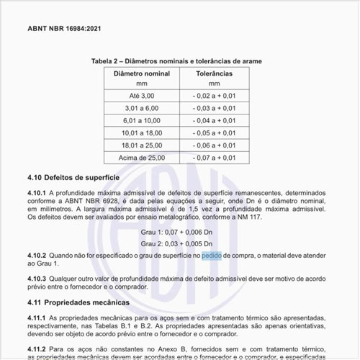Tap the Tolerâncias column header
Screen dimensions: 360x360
point(214,73)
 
